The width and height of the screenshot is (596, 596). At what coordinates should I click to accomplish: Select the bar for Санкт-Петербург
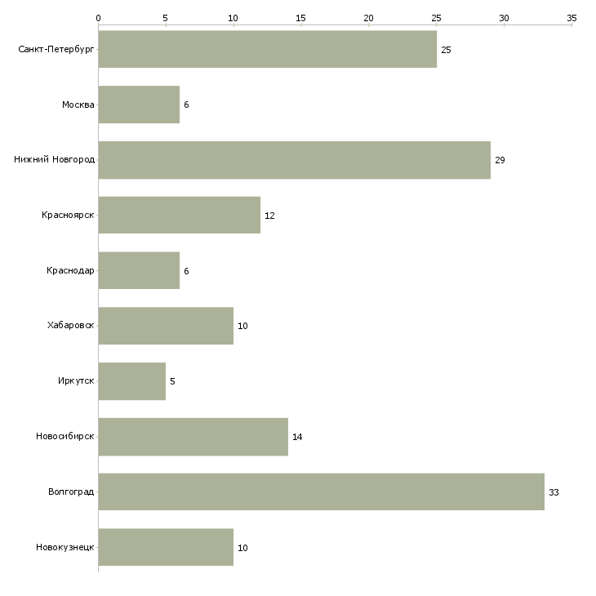point(268,49)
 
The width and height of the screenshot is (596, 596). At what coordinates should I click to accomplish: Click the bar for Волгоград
point(322,491)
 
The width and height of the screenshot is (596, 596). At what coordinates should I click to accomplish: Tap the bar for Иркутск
point(132,380)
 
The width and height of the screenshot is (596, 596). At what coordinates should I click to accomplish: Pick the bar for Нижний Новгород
point(295,160)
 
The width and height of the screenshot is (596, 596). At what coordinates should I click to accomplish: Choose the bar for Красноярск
point(180,215)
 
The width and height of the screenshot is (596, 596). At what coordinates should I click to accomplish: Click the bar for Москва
point(139,105)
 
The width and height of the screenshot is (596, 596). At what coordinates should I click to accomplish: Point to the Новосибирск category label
point(65,436)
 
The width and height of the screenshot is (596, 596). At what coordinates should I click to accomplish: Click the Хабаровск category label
point(71,326)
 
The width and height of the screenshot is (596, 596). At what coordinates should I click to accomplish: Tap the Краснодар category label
point(70,270)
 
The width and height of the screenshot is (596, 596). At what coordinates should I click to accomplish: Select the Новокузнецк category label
point(65,547)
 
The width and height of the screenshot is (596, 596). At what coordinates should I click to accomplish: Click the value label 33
point(554,492)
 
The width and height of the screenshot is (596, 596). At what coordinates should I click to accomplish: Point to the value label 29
point(500,160)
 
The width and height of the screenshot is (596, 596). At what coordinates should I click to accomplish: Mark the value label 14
point(297,437)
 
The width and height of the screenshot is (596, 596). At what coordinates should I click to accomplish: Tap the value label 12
point(269,216)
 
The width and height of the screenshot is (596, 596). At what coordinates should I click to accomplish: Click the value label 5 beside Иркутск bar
point(172,381)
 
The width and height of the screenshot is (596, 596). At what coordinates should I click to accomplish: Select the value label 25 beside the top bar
point(446,50)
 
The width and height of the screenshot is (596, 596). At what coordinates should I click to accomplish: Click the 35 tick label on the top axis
point(572,18)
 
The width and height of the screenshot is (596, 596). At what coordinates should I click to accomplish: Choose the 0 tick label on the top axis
point(99,18)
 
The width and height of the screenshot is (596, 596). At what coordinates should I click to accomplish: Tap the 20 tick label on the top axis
point(368,18)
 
